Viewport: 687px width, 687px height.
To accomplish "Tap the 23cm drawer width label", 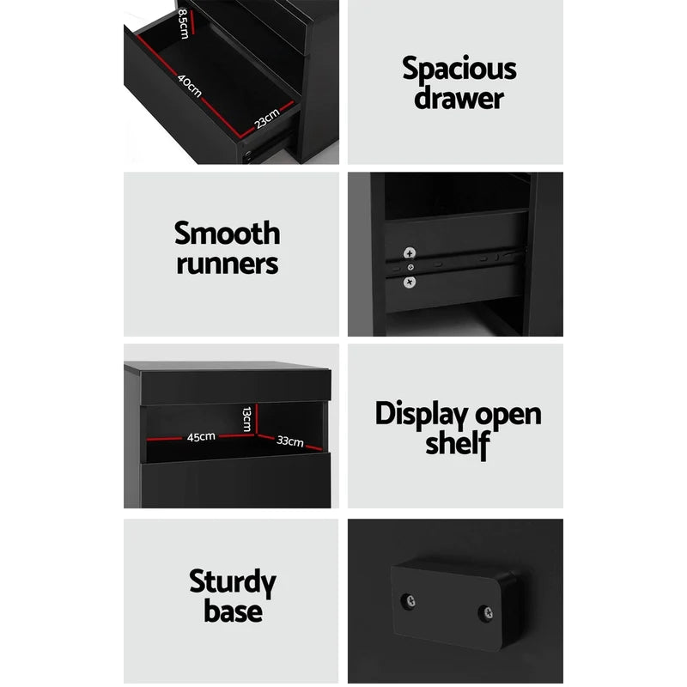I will [267, 118].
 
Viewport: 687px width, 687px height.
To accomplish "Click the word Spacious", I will [459, 69].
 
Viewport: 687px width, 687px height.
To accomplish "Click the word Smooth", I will [227, 233].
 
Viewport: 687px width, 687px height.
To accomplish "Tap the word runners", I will [227, 262].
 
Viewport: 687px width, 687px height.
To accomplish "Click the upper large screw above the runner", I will [410, 252].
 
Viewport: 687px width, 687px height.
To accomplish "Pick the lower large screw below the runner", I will [410, 282].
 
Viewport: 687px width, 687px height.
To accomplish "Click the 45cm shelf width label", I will [201, 436].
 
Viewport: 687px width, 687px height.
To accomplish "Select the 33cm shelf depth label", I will [289, 441].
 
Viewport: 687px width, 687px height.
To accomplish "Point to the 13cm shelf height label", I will [246, 418].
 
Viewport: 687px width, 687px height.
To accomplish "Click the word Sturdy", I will [233, 583].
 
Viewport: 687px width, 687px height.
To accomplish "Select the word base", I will [233, 611].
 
